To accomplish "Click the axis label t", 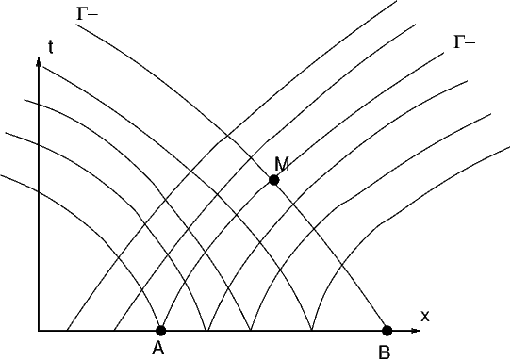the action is (51, 47).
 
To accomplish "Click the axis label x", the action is (425, 316).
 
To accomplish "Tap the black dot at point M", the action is (273, 180).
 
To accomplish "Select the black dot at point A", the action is (160, 331).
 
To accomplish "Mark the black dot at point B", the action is (387, 331).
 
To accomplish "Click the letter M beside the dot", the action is (282, 164).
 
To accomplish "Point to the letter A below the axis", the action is (158, 349).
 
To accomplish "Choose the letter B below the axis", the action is (385, 352).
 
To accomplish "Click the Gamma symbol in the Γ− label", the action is (81, 14).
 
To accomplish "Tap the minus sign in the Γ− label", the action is (92, 15).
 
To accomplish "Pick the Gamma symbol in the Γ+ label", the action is (458, 42).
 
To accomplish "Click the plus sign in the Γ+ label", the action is (470, 42).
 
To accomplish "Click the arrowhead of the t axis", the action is (39, 61).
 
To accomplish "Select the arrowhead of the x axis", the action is (416, 331).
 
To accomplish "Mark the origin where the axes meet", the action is (39, 331).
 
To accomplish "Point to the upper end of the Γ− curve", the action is (76, 25).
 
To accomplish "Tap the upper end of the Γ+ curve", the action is (444, 52).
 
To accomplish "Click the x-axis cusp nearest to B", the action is (312, 330).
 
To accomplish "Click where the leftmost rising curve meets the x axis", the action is (67, 330).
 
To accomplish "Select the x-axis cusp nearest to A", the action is (206, 330).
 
